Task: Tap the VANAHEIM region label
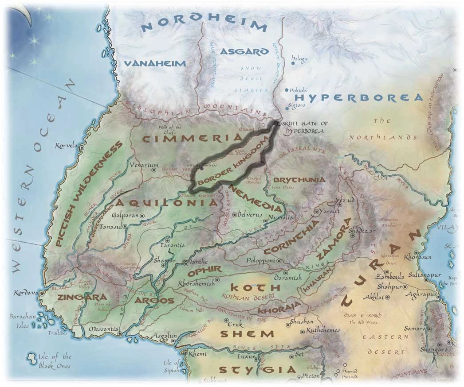tap(155, 64)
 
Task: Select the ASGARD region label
tap(245, 51)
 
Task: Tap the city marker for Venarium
tap(154, 169)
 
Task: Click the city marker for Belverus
tap(234, 215)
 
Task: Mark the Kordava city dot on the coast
tap(41, 293)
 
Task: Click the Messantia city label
tap(103, 329)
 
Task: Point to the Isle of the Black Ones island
tap(32, 356)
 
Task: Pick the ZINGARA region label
tap(78, 297)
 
